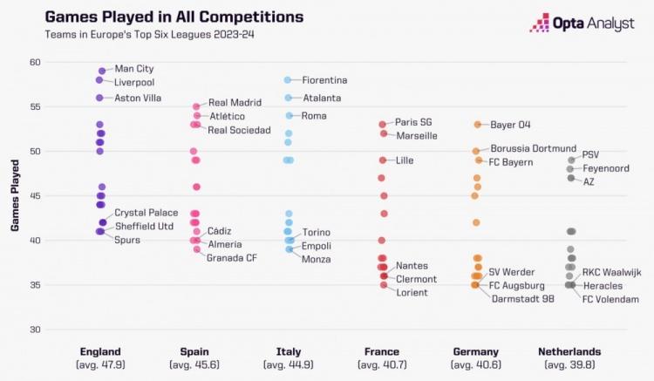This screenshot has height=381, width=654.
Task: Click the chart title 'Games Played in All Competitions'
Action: point(174,17)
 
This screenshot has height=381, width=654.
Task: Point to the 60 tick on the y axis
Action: point(35,62)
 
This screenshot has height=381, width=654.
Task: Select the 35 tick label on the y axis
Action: point(35,285)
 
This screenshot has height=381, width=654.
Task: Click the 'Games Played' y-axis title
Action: point(15,195)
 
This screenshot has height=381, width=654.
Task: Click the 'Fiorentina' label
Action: point(324,80)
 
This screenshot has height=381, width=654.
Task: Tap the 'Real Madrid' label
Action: point(235,103)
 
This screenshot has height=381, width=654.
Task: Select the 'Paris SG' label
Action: point(413,122)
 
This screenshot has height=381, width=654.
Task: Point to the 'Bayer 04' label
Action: point(511,125)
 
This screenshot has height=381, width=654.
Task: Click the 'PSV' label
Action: point(590,154)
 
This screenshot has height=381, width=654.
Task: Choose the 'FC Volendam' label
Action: point(610,299)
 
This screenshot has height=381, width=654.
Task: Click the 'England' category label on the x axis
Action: point(100,351)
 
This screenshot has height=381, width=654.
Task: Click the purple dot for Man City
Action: point(102,71)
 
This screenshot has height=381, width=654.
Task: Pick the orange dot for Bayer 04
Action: point(477,125)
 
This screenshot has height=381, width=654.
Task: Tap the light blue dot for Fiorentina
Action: point(288,80)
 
